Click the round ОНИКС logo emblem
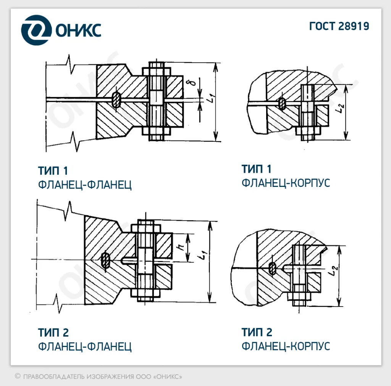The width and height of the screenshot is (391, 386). click(x=36, y=30)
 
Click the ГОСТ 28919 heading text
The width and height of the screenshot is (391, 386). click(x=339, y=26)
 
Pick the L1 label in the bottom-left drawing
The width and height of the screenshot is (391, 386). click(x=204, y=255)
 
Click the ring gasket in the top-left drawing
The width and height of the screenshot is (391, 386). click(x=116, y=99)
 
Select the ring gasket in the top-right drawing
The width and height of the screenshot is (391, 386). click(x=282, y=103)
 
